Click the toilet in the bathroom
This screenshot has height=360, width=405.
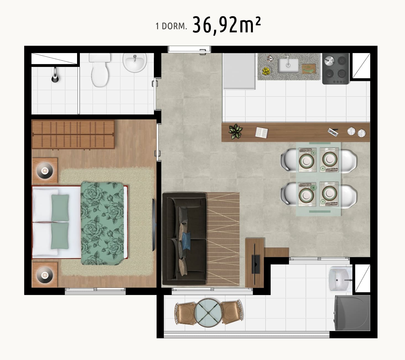(100, 70)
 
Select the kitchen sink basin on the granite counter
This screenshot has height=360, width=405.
(288, 66)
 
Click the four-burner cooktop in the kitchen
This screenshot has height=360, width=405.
(335, 69)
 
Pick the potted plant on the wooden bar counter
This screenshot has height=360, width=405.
(235, 131)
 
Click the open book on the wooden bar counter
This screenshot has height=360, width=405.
(261, 132)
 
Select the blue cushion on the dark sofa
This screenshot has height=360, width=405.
(186, 241)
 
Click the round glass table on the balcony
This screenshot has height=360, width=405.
(208, 313)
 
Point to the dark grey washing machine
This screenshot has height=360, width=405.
(352, 313)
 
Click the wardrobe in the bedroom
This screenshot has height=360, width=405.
(73, 134)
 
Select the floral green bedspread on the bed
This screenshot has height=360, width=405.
(102, 223)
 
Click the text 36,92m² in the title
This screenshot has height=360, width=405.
(227, 25)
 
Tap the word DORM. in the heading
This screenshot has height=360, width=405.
(174, 27)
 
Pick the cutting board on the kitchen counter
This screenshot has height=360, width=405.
(309, 69)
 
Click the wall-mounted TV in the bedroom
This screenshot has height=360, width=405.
(154, 225)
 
